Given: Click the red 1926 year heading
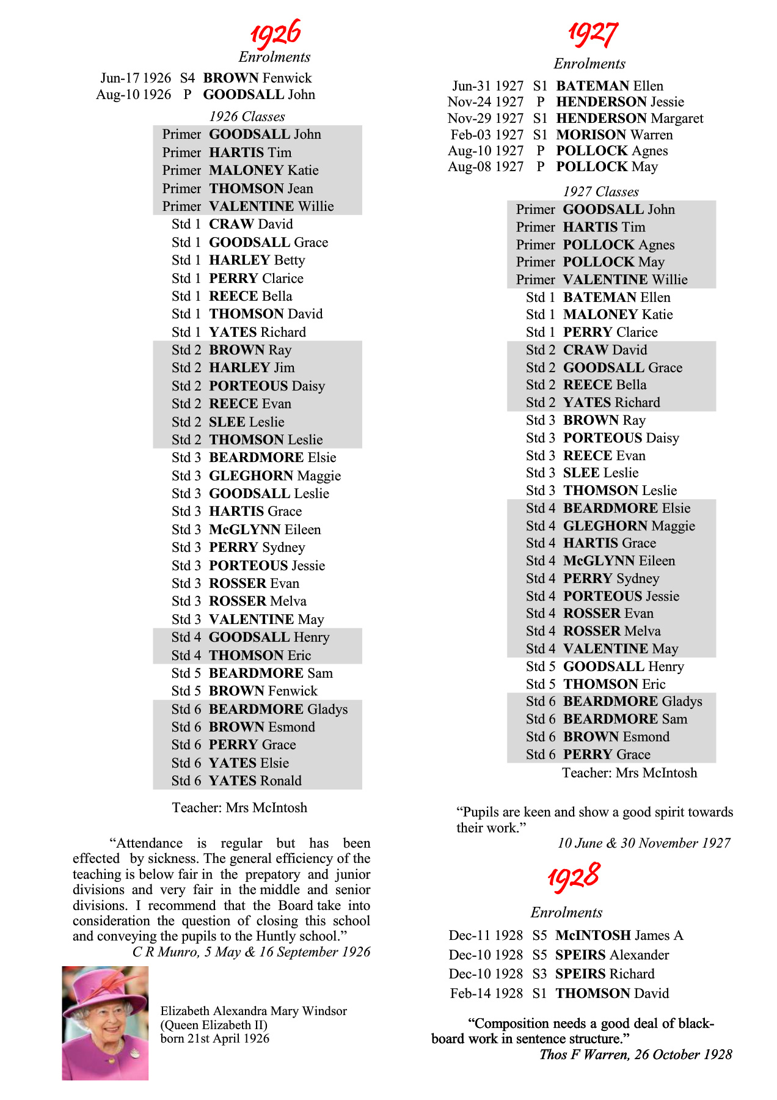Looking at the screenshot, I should click(275, 33).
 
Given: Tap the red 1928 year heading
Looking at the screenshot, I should click(574, 877).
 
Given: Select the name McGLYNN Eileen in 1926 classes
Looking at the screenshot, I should click(264, 529).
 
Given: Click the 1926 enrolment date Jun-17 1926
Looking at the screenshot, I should click(136, 78).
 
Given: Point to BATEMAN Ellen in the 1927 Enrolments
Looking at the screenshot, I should click(609, 86).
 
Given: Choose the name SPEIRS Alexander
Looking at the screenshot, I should click(611, 955).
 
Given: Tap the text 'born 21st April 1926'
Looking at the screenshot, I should click(214, 1038).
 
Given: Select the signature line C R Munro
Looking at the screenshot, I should click(251, 952).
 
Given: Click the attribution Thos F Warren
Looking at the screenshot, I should click(635, 1054).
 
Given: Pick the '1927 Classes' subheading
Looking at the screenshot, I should click(600, 192).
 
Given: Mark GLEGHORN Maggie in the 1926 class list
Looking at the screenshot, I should click(274, 475).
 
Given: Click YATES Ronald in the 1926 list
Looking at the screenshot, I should click(255, 780).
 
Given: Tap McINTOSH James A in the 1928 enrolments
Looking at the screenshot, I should click(619, 936).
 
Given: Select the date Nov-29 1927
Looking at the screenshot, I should click(486, 119).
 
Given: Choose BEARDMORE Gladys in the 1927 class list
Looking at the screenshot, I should click(632, 702).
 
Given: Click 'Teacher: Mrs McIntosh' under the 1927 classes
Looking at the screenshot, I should click(629, 773).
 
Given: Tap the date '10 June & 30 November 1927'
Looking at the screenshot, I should click(644, 843).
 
